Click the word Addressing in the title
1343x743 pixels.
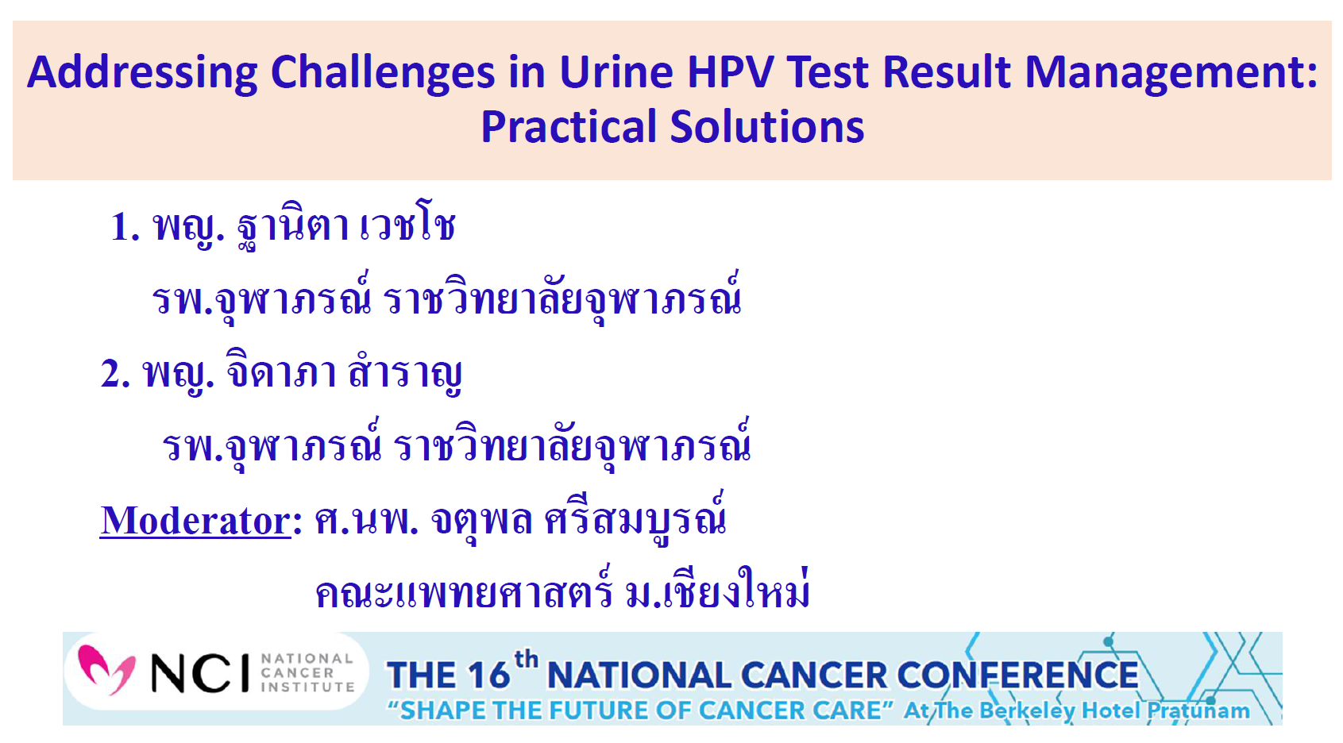click(143, 72)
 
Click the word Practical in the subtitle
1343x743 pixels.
click(569, 127)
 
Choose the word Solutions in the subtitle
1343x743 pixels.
click(766, 127)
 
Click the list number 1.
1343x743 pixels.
click(124, 227)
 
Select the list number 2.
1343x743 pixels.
click(114, 374)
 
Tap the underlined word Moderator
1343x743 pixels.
click(195, 522)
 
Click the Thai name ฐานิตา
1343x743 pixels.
click(293, 227)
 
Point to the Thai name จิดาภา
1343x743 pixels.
click(281, 372)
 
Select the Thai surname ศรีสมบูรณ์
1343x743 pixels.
click(635, 520)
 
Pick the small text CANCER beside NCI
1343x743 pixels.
click(297, 673)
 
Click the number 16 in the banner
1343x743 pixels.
click(487, 676)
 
